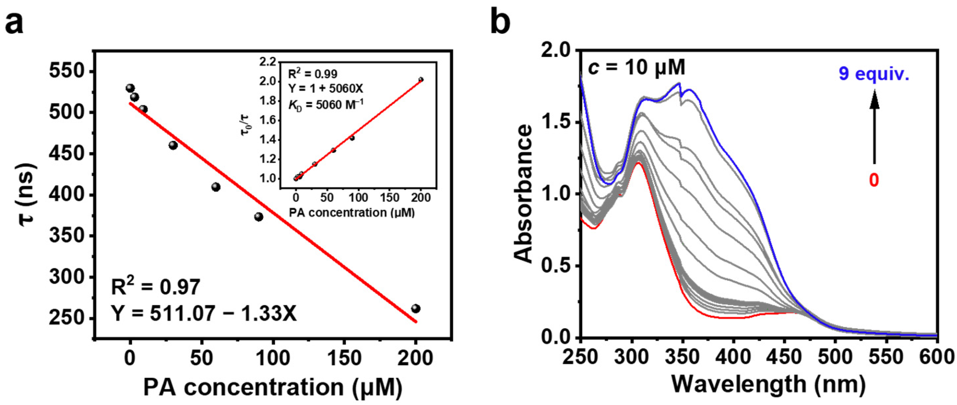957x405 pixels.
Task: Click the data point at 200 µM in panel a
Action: point(416,308)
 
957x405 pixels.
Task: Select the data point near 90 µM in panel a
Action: point(259,217)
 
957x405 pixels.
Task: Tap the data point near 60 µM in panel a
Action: point(216,187)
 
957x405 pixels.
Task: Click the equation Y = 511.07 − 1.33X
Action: point(204,314)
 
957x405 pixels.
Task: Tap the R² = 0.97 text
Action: point(156,287)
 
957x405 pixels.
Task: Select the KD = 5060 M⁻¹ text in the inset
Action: point(326,105)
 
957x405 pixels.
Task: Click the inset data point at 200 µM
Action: point(420,79)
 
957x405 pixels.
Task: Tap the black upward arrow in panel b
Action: point(875,130)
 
